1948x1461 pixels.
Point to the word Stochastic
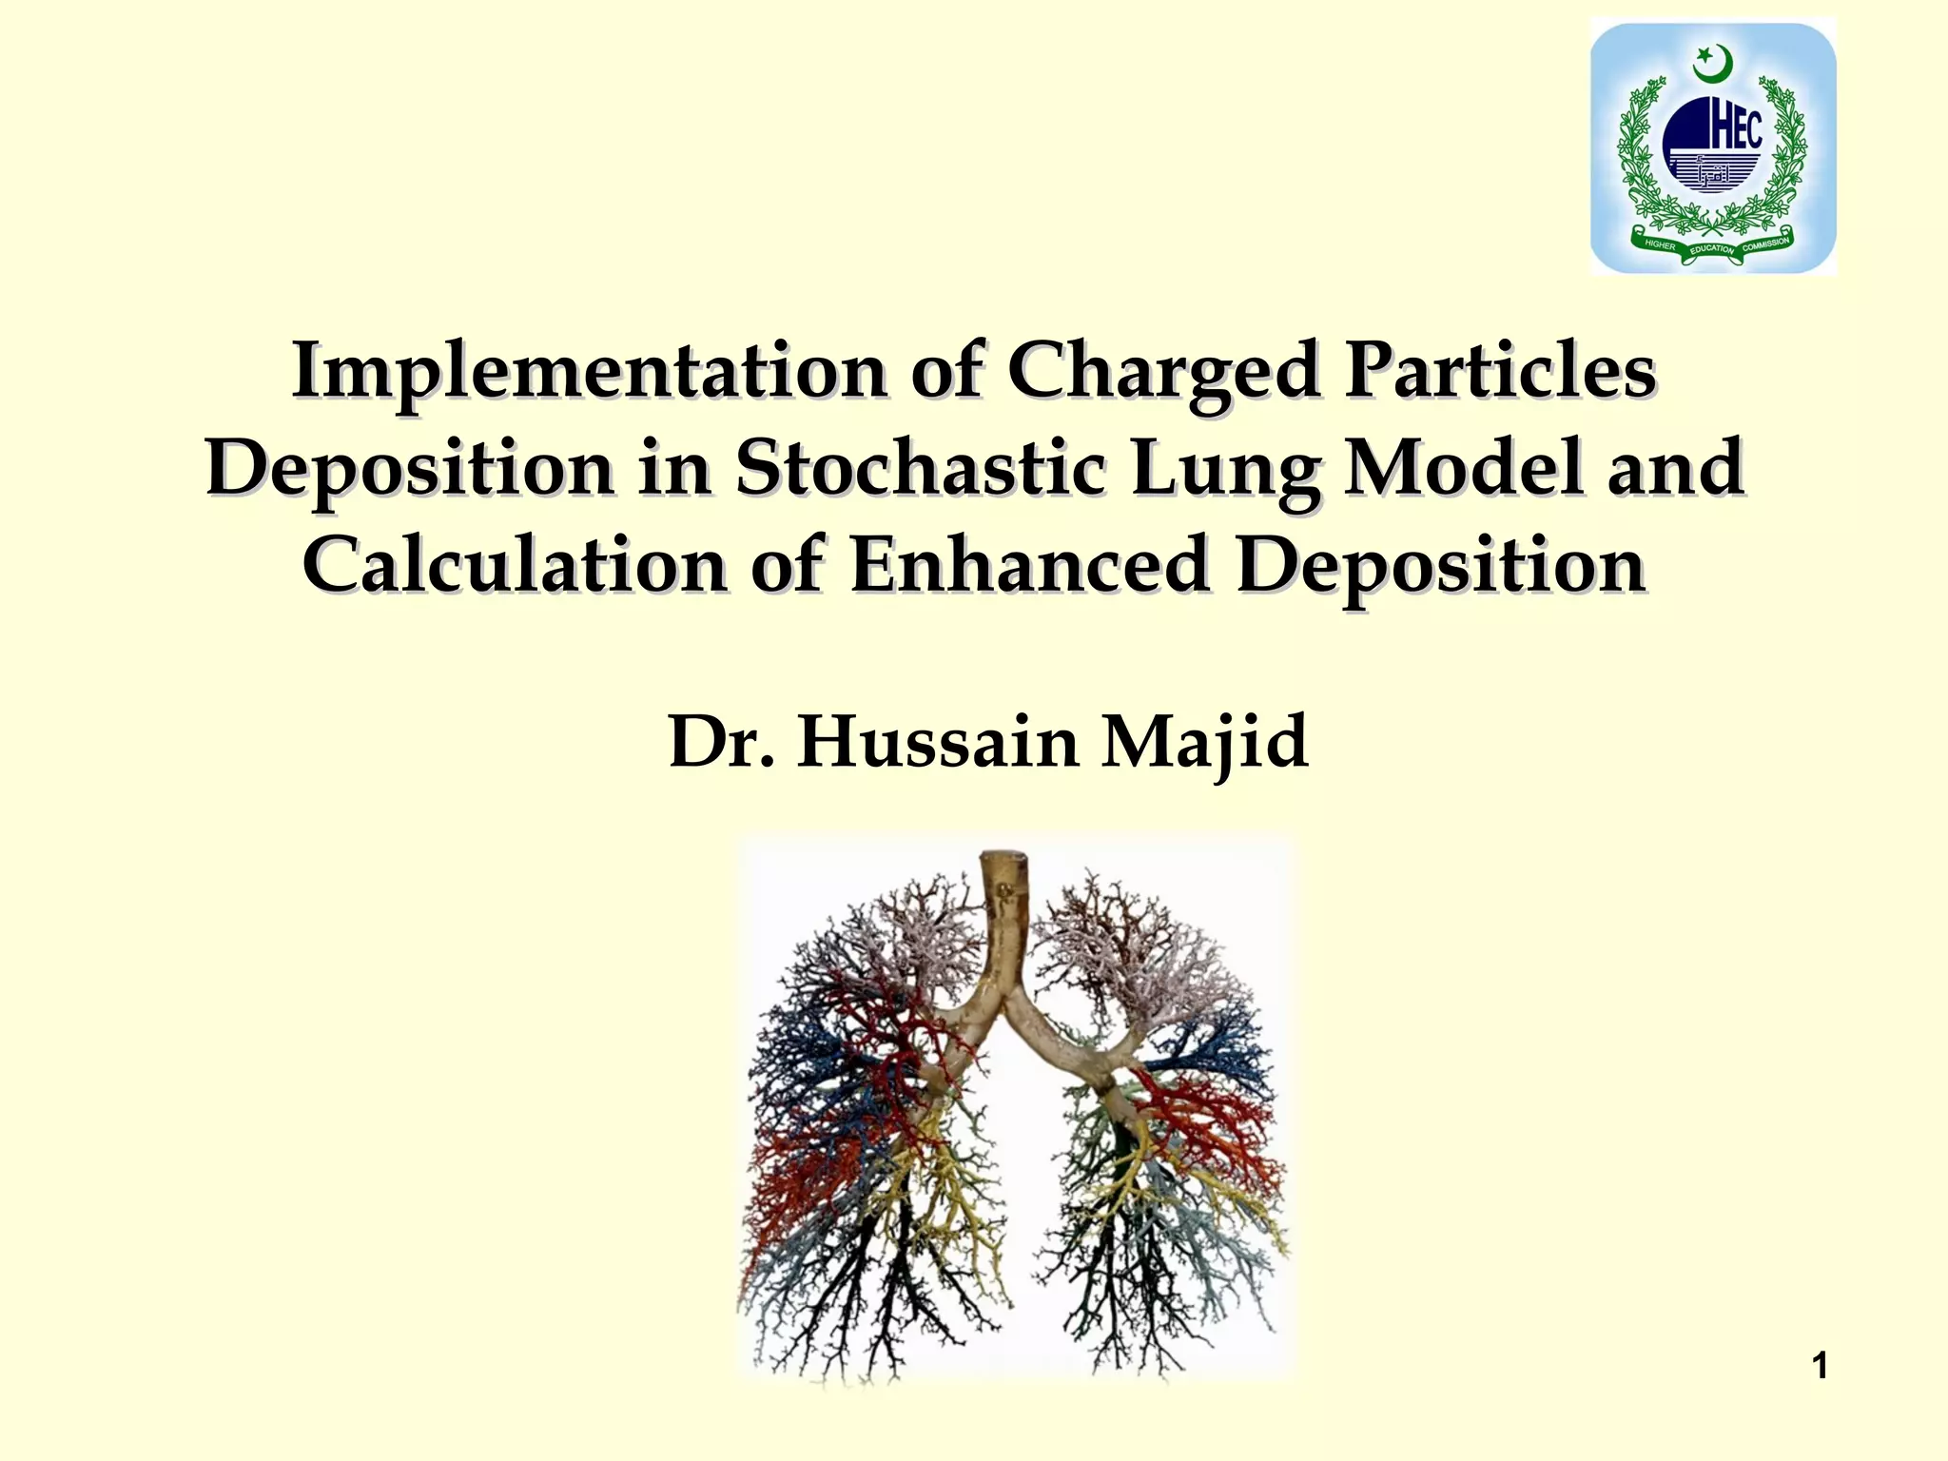tap(921, 468)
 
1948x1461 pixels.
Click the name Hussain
tap(938, 742)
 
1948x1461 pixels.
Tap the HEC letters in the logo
tap(1736, 131)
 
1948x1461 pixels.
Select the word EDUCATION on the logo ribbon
tap(1712, 249)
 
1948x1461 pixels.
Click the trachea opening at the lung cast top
tap(1005, 859)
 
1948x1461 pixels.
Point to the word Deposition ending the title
tap(1441, 565)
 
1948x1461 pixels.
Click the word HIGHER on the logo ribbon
tap(1660, 244)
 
